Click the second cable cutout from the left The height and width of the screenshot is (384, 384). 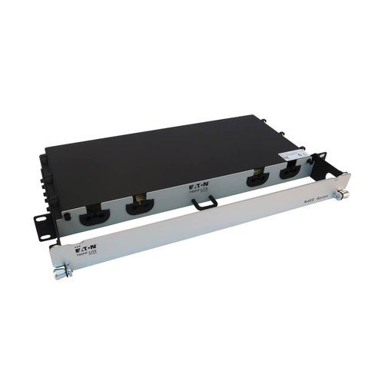pyautogui.click(x=138, y=204)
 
